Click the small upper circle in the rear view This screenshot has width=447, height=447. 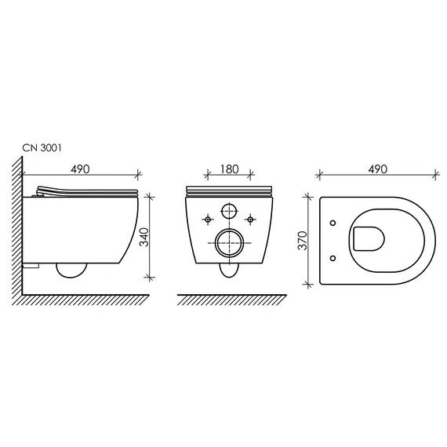tap(228, 211)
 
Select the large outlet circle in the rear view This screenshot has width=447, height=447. tap(228, 243)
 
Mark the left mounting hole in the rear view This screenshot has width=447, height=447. tap(207, 218)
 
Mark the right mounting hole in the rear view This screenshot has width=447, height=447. tap(250, 218)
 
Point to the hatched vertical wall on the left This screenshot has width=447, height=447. tap(17, 227)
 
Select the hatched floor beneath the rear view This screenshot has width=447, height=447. tap(227, 299)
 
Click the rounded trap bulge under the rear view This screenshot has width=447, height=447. tap(228, 271)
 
